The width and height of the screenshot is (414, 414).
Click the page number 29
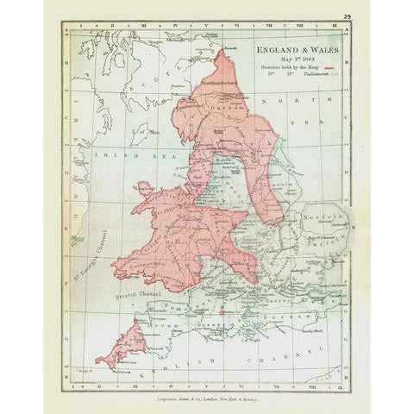(346, 17)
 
